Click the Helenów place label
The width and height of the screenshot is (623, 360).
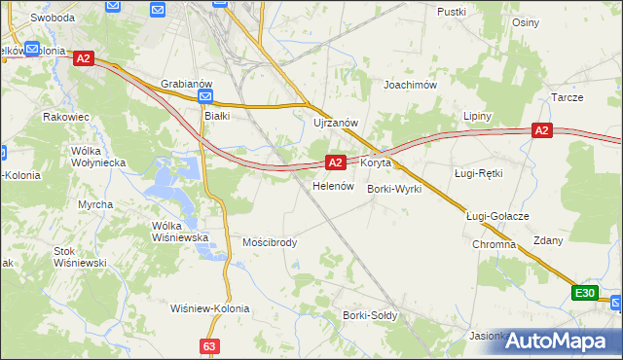pyautogui.click(x=331, y=185)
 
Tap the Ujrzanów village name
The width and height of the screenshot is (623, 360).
pyautogui.click(x=337, y=123)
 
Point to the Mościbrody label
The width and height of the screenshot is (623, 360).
pyautogui.click(x=270, y=242)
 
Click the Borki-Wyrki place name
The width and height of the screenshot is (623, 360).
pyautogui.click(x=394, y=189)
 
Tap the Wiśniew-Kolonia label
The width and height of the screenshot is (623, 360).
pyautogui.click(x=210, y=308)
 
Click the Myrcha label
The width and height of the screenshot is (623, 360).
pyautogui.click(x=95, y=204)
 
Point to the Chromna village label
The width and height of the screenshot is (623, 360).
pyautogui.click(x=495, y=244)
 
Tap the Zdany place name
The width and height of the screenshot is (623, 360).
pyautogui.click(x=548, y=240)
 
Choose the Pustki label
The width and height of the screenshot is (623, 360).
pyautogui.click(x=453, y=12)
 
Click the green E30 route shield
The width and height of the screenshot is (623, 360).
pyautogui.click(x=584, y=293)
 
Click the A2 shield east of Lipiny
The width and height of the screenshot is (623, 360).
pyautogui.click(x=542, y=130)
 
